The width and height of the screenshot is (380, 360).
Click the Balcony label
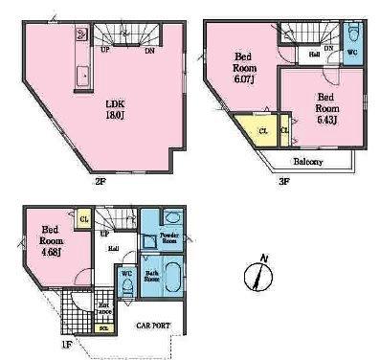point(307,161)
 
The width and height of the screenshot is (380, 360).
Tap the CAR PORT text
point(152,326)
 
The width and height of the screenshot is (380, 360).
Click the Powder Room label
point(169,239)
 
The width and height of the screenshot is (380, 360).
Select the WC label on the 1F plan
point(126,275)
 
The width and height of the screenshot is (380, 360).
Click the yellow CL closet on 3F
point(261,131)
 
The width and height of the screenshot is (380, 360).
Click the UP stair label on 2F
point(104,50)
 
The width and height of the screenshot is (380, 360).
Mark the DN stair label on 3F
point(327,48)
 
